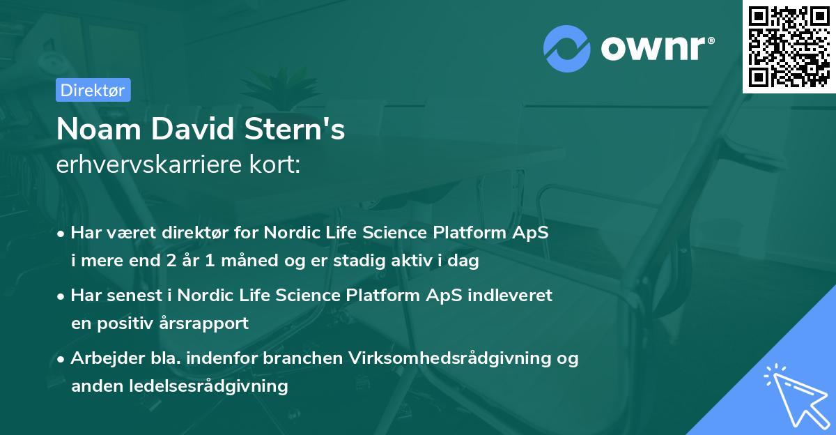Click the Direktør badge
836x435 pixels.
point(93,90)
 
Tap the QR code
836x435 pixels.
point(789,46)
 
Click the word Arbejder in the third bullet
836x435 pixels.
point(102,358)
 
